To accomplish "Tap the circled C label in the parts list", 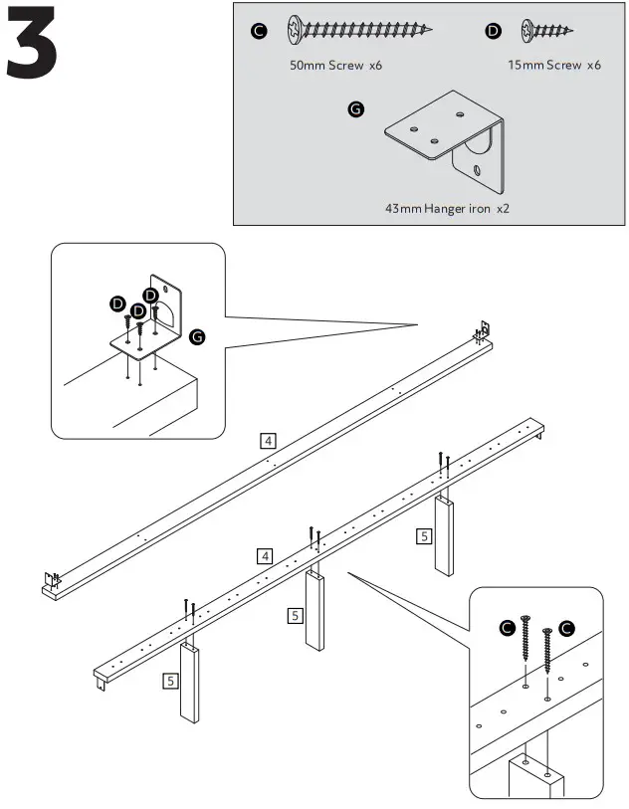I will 259,32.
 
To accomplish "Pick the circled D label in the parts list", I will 494,32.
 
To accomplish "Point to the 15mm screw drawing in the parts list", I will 546,32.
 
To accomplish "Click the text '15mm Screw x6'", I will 553,65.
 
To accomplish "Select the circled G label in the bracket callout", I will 197,338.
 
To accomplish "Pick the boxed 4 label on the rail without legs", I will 268,440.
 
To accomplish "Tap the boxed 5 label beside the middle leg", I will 296,615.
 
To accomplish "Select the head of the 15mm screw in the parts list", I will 524,32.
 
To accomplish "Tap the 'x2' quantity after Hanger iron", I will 505,209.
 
